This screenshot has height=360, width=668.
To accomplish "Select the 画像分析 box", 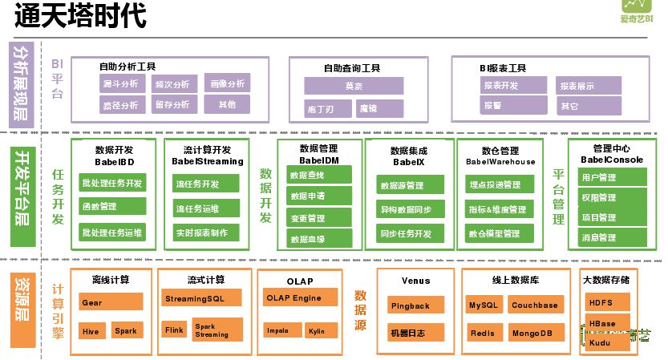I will (227, 84).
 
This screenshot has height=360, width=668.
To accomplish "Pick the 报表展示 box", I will (577, 86).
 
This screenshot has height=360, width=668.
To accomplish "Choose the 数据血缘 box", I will (307, 239).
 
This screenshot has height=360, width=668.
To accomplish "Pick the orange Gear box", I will (111, 302).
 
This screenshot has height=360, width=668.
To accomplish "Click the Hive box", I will (91, 330).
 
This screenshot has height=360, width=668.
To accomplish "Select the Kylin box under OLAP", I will (316, 330).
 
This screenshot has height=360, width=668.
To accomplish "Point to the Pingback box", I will (411, 305).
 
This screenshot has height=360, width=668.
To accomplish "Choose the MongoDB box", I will (533, 333).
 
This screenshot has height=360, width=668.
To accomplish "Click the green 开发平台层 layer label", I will (22, 194).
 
